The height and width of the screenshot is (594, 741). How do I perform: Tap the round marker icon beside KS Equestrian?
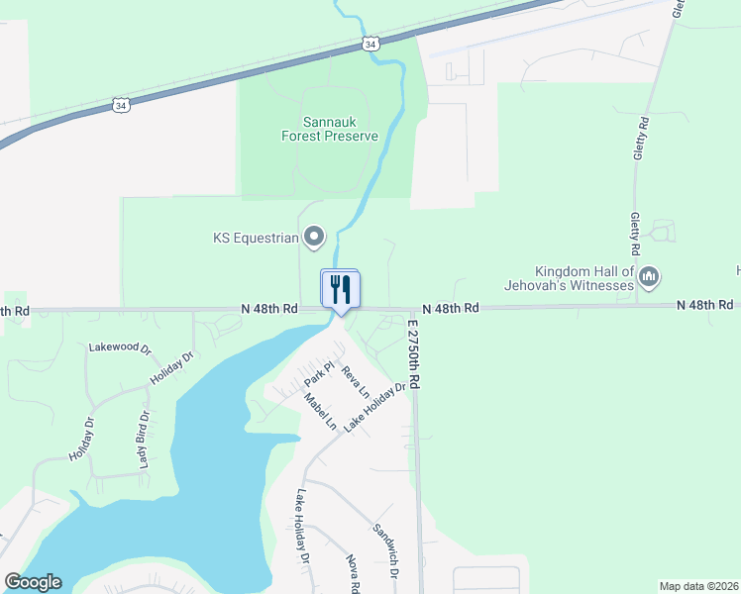(314, 237)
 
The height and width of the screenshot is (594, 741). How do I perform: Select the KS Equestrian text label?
(256, 238)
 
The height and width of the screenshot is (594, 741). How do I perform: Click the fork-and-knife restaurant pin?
(340, 290)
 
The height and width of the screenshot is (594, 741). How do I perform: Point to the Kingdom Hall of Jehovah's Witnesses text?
(583, 278)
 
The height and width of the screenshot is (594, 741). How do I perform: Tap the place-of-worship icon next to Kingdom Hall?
(649, 276)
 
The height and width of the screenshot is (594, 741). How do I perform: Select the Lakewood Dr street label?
(119, 348)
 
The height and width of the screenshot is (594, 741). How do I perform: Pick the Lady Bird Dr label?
(145, 440)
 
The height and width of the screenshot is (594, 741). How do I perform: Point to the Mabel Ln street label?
(321, 412)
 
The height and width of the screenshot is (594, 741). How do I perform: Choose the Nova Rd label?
(353, 573)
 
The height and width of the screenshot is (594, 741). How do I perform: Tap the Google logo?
(33, 582)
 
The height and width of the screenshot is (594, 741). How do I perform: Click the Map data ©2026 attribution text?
(698, 586)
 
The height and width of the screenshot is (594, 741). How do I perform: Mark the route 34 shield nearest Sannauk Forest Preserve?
(370, 44)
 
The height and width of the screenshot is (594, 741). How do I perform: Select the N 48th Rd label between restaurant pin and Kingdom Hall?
(451, 309)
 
